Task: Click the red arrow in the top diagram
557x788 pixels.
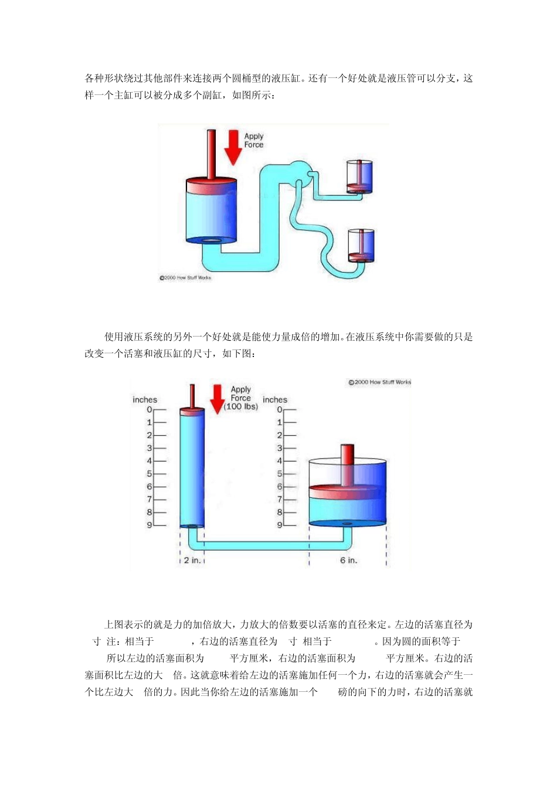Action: [233, 148]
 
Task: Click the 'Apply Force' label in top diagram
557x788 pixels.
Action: [254, 141]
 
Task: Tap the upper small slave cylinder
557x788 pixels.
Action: [359, 177]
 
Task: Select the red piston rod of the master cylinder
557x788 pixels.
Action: [211, 154]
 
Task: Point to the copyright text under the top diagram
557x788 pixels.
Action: [185, 278]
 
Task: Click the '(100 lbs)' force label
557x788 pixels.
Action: [241, 406]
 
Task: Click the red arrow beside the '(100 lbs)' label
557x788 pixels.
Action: [218, 399]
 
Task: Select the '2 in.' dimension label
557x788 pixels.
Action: [192, 561]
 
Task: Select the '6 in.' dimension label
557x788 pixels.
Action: [348, 561]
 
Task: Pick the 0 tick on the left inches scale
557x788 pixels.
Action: [150, 410]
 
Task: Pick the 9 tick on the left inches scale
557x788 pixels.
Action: [150, 525]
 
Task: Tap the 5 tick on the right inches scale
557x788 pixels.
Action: [280, 474]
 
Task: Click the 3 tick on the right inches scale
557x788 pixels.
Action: [280, 448]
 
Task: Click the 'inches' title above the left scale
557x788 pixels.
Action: [145, 400]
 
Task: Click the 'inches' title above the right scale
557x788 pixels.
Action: [275, 400]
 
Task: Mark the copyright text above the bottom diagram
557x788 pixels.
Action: [380, 382]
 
